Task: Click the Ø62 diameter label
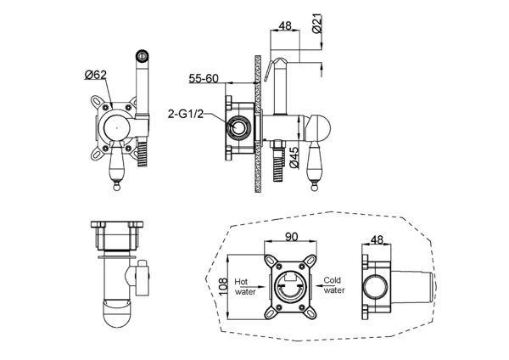[95, 75]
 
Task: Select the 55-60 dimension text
[204, 78]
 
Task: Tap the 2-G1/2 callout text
[186, 114]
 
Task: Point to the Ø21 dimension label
[317, 23]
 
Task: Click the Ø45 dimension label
[294, 158]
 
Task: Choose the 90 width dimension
[291, 237]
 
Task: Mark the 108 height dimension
[223, 286]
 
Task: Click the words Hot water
[245, 287]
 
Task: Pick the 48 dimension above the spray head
[285, 25]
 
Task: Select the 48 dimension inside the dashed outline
[377, 239]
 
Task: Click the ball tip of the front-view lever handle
[116, 187]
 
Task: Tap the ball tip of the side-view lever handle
[314, 188]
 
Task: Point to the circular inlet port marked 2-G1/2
[239, 127]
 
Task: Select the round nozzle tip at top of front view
[142, 55]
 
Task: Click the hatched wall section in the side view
[257, 123]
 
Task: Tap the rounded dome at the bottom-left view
[118, 313]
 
